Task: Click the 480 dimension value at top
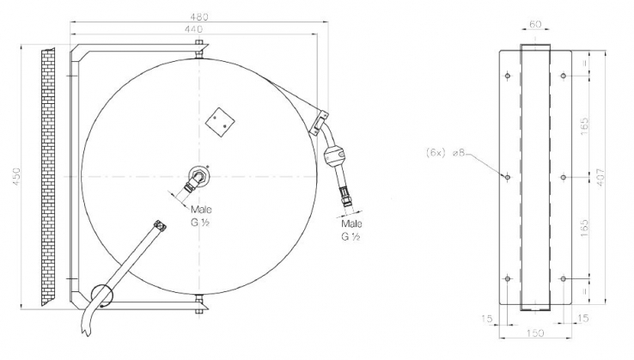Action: click(x=199, y=17)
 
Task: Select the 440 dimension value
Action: click(x=193, y=28)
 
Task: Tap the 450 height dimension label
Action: click(x=16, y=176)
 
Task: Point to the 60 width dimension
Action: click(x=535, y=24)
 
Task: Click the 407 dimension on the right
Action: click(x=600, y=177)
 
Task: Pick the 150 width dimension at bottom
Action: click(x=535, y=333)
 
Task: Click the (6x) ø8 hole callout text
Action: click(x=447, y=152)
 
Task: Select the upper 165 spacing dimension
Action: click(x=585, y=126)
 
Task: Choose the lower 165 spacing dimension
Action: click(x=585, y=229)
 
